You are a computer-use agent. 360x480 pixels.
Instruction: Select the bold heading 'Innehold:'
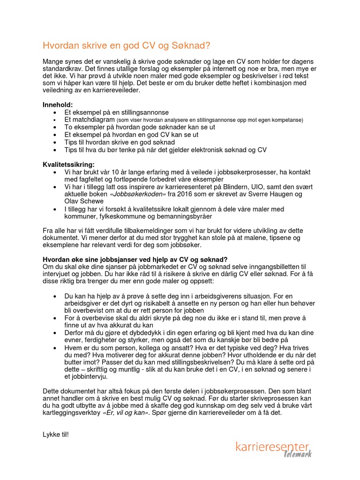(58, 105)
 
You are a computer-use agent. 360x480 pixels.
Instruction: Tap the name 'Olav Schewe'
(84, 201)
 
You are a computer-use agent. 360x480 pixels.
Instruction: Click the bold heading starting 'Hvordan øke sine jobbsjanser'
(135, 259)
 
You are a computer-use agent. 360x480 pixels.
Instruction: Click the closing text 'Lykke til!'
(56, 435)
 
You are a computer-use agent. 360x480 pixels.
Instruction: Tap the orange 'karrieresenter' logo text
(272, 447)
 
